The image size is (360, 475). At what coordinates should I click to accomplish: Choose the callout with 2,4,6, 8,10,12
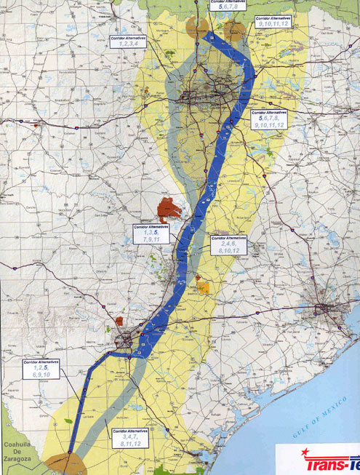click(x=228, y=245)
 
